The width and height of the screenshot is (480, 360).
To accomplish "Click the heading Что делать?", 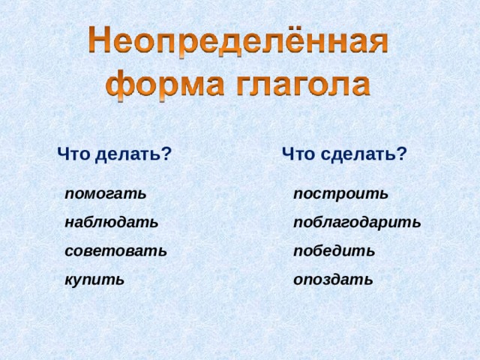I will pyautogui.click(x=115, y=154).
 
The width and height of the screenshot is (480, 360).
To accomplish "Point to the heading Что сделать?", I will pyautogui.click(x=345, y=154).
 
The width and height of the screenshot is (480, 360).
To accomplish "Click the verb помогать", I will pyautogui.click(x=106, y=193).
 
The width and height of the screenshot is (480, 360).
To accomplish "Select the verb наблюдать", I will pyautogui.click(x=112, y=222).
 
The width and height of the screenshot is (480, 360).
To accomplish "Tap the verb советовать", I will pyautogui.click(x=116, y=250).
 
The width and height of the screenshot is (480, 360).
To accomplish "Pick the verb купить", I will pyautogui.click(x=94, y=280).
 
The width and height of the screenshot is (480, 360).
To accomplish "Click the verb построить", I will pyautogui.click(x=341, y=193).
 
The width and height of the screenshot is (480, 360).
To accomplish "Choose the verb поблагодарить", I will pyautogui.click(x=358, y=222).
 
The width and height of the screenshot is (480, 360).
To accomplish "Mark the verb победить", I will pyautogui.click(x=334, y=250).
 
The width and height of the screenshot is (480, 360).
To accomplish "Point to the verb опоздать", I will pyautogui.click(x=333, y=280).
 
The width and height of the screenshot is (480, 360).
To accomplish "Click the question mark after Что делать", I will pyautogui.click(x=167, y=154).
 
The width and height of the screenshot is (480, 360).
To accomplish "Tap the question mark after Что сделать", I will pyautogui.click(x=403, y=154).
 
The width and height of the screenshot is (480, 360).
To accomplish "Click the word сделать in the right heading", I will pyautogui.click(x=359, y=154).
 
